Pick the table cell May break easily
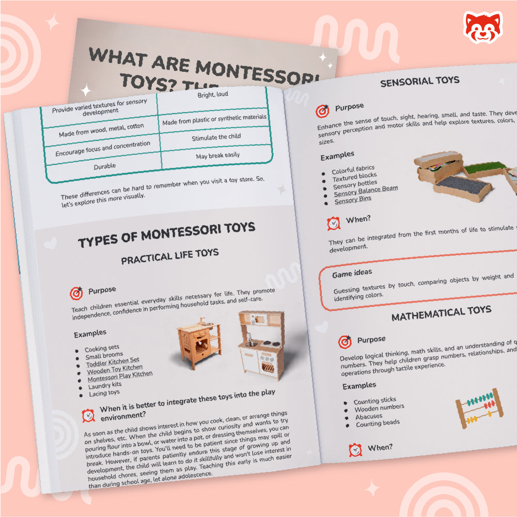click(x=217, y=155)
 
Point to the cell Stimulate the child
click(x=216, y=137)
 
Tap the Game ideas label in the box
click(x=352, y=273)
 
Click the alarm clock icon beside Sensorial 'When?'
click(x=334, y=223)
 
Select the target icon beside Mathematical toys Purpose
click(x=344, y=341)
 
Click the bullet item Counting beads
click(x=378, y=424)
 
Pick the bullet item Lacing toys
click(x=104, y=393)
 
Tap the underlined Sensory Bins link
click(x=353, y=199)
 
